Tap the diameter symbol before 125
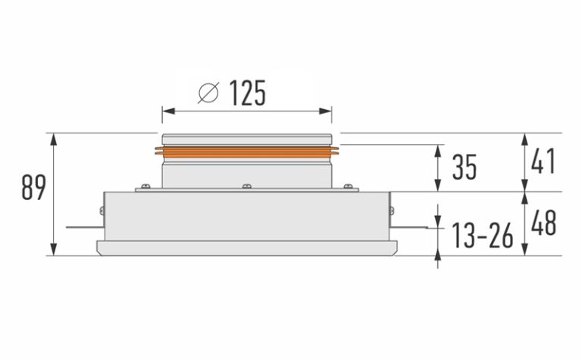pos(208,94)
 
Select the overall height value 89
pos(33,188)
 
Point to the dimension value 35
pos(465,167)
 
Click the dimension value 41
pos(543,162)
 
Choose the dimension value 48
pos(543,224)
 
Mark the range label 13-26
pos(483,236)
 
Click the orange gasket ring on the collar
pos(246,152)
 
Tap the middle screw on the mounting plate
pos(246,186)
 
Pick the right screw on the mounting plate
pos(347,186)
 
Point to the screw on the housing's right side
pos(391,209)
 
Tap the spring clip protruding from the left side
pos(82,226)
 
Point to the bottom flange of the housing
pos(246,247)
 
